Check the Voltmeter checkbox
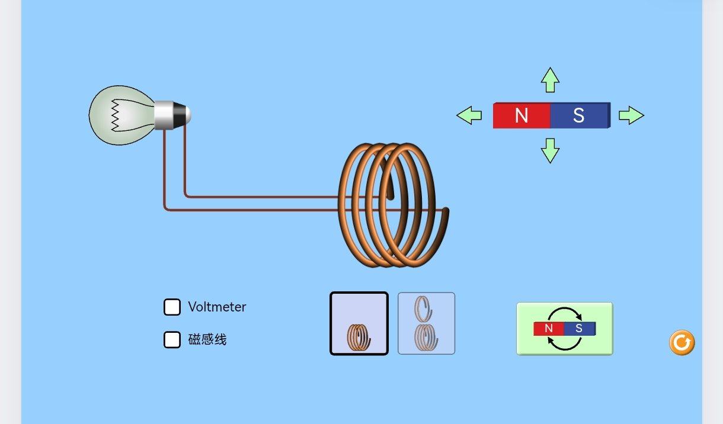pos(172,307)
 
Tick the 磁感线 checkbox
pos(172,339)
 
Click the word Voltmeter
pos(217,307)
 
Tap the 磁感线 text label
pos(207,339)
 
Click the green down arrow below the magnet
pos(550,150)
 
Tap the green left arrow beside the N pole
pos(469,115)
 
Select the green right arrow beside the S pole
pos(631,115)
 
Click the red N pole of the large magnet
pos(522,115)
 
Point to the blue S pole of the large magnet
pos(580,115)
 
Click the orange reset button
pos(682,342)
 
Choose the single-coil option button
pos(359,323)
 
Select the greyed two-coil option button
pos(426,323)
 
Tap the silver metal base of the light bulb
pos(164,115)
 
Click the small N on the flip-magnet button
pos(549,328)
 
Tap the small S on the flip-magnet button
pos(579,328)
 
